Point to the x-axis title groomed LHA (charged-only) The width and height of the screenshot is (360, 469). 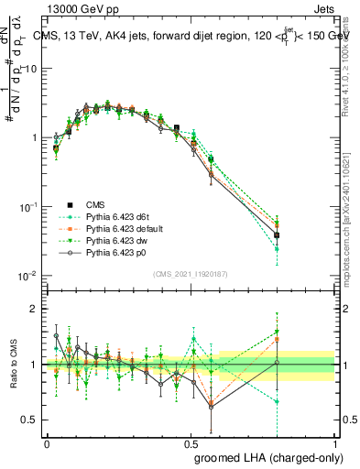point(265,455)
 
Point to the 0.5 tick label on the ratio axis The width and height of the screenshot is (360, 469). point(28,420)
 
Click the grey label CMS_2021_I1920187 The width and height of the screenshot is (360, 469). point(191,274)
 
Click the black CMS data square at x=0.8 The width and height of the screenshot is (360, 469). point(277,235)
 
